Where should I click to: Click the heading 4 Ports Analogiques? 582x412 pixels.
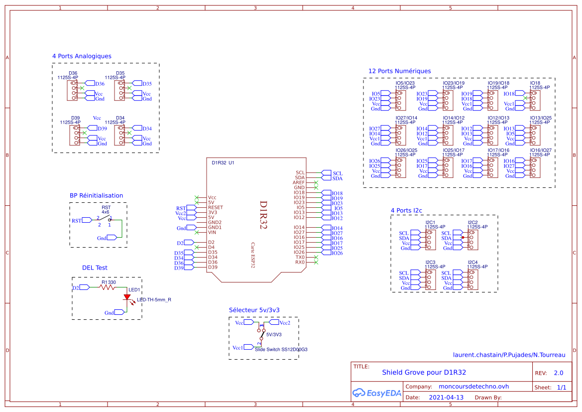tap(82, 56)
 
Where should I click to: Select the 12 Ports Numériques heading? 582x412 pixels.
tap(399, 71)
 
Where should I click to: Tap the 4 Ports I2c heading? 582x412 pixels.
tap(406, 211)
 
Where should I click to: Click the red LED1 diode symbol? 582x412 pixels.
tap(127, 297)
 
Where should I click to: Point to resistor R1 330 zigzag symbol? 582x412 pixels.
tap(108, 287)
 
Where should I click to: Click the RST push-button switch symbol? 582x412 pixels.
tap(105, 219)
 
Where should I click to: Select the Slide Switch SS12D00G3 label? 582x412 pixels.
tap(281, 350)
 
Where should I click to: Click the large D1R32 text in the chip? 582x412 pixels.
tap(263, 215)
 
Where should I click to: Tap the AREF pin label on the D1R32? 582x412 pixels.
tap(299, 183)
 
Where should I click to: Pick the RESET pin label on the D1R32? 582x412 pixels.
tap(216, 208)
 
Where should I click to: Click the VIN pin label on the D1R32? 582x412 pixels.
tap(212, 233)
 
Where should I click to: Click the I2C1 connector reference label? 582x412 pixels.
tap(431, 222)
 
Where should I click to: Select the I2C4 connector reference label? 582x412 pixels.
tap(472, 262)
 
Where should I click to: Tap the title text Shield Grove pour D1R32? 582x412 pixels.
tap(424, 372)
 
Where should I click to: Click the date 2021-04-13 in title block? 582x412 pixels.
tap(446, 398)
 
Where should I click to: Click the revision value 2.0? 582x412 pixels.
tap(558, 373)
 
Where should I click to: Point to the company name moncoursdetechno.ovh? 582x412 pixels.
tap(473, 387)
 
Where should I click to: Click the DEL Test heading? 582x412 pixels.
tap(95, 268)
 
